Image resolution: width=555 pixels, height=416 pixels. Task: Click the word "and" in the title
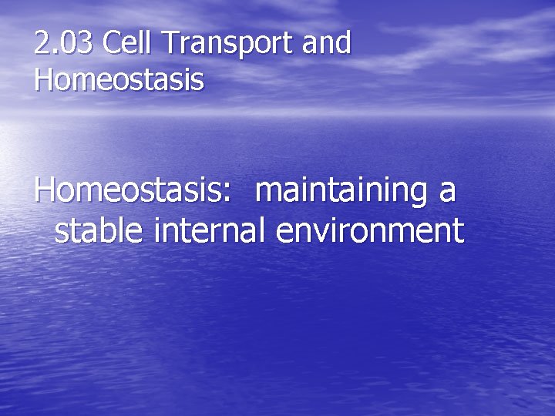[327, 45]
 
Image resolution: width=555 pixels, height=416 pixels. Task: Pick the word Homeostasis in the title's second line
[119, 79]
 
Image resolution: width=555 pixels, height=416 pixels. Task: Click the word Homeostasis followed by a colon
[128, 191]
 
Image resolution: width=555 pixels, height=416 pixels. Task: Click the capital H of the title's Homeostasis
[45, 79]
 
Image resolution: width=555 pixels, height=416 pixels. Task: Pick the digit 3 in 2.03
[84, 45]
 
